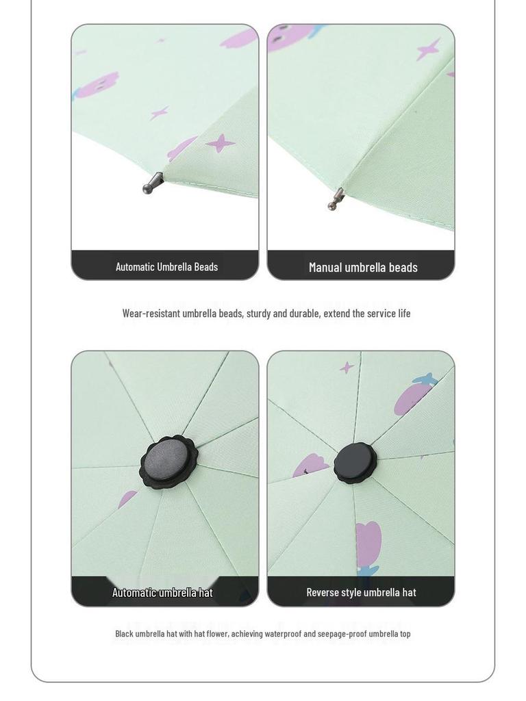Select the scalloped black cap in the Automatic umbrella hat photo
coord(168,462)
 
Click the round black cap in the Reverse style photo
coord(355,463)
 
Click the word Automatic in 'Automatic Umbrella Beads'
coord(135,267)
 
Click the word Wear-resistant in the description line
coord(151,314)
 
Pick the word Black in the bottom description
coord(124,634)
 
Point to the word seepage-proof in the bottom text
coord(342,634)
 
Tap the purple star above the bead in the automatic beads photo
coord(221,143)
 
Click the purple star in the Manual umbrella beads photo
coord(429,49)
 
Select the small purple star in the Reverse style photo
coord(347,368)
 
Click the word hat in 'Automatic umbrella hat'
coord(205,593)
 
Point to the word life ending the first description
coord(404,314)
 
